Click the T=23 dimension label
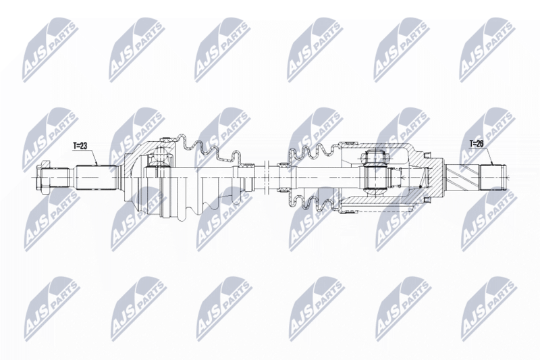pyautogui.click(x=80, y=146)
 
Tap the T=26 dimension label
pyautogui.click(x=477, y=144)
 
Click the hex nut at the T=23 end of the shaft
pyautogui.click(x=43, y=177)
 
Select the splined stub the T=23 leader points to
pyautogui.click(x=96, y=178)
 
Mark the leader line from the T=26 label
pyautogui.click(x=489, y=156)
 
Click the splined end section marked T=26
pyautogui.click(x=493, y=177)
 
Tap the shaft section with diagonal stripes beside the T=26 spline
pyautogui.click(x=462, y=177)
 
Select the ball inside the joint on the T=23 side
pyautogui.click(x=159, y=156)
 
